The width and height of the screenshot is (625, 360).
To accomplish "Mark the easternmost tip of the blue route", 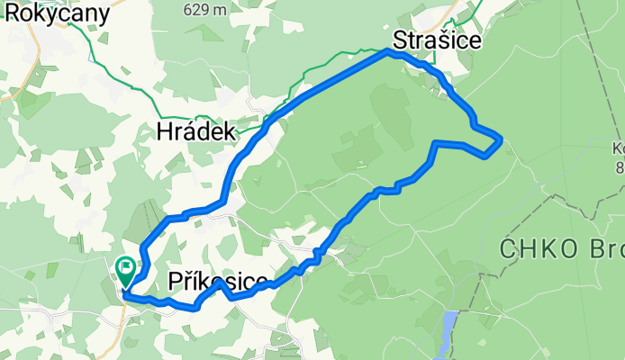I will [x=501, y=138].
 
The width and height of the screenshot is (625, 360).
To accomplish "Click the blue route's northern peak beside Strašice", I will [x=389, y=51].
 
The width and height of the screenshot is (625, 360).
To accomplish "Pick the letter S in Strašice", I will [x=399, y=41].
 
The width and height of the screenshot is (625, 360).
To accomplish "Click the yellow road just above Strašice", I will [x=464, y=13].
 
